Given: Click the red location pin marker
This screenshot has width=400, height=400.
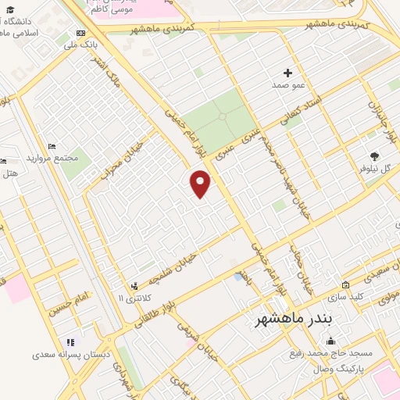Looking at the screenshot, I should click(x=201, y=183).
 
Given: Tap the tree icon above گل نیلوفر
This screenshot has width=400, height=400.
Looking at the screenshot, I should click(x=374, y=156).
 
